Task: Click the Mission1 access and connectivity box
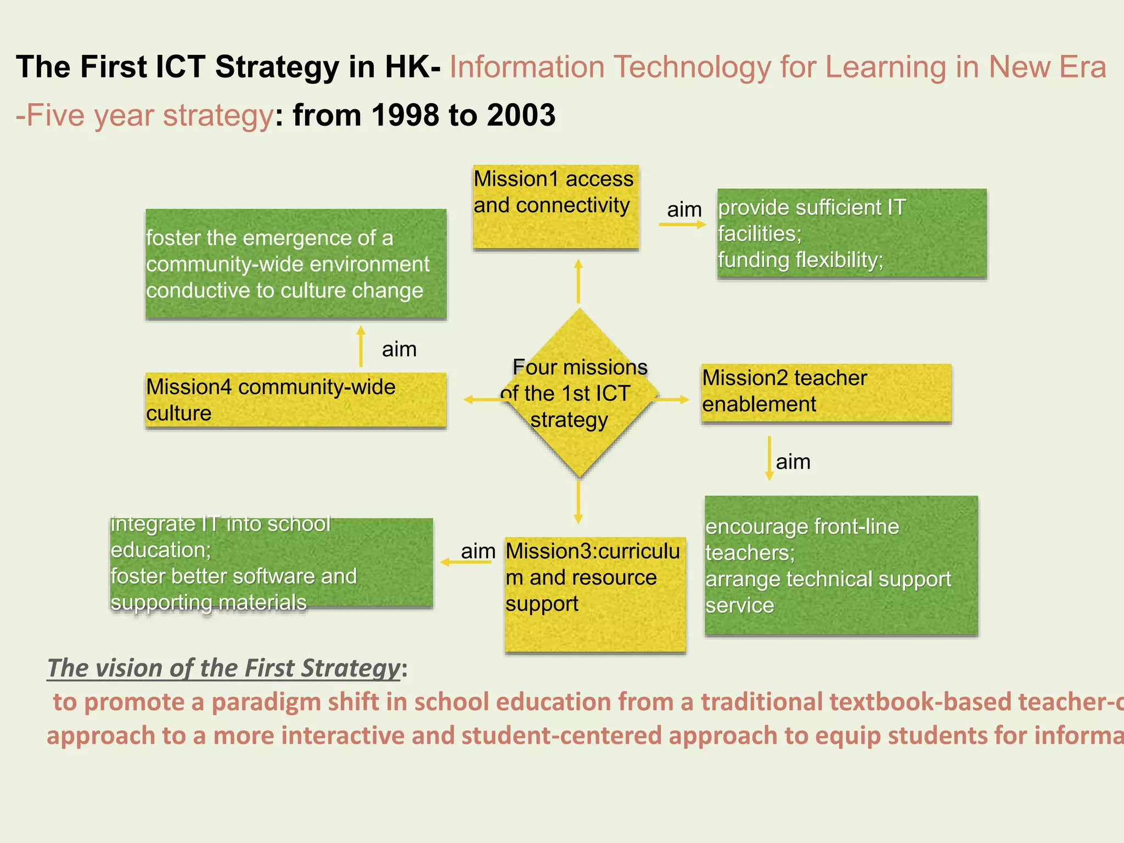[555, 207]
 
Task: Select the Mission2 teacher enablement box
[825, 393]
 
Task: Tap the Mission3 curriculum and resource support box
[595, 594]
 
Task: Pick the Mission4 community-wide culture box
[295, 400]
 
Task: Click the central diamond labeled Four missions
[578, 393]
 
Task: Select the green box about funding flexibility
[851, 234]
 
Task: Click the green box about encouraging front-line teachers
[841, 566]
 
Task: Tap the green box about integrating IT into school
[271, 563]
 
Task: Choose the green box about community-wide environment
[295, 264]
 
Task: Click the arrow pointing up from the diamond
[578, 281]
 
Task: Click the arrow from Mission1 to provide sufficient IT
[682, 224]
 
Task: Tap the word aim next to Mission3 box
[477, 551]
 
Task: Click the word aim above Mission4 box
[399, 349]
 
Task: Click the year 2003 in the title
[520, 115]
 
